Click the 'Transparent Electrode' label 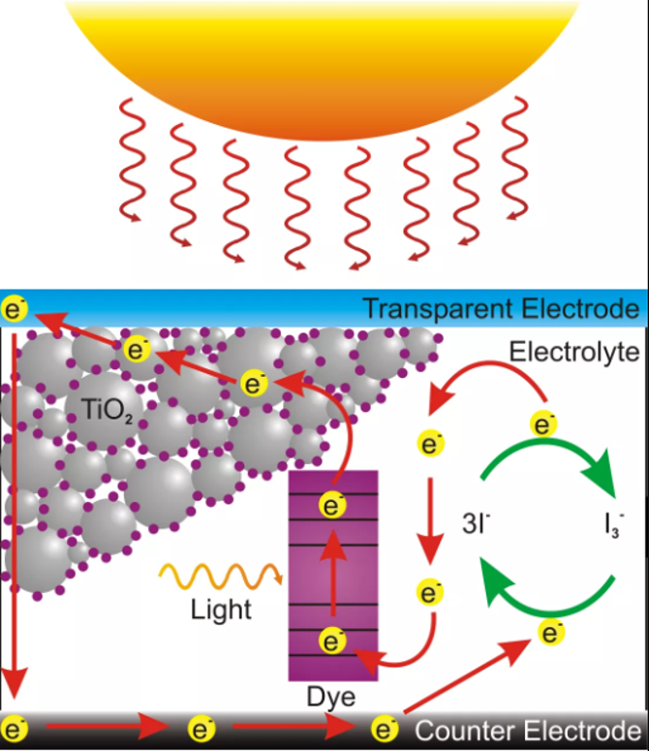tap(500, 310)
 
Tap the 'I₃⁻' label tap(612, 529)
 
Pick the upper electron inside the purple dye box tap(333, 505)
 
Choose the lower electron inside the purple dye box tap(333, 641)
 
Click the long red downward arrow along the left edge tap(12, 504)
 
